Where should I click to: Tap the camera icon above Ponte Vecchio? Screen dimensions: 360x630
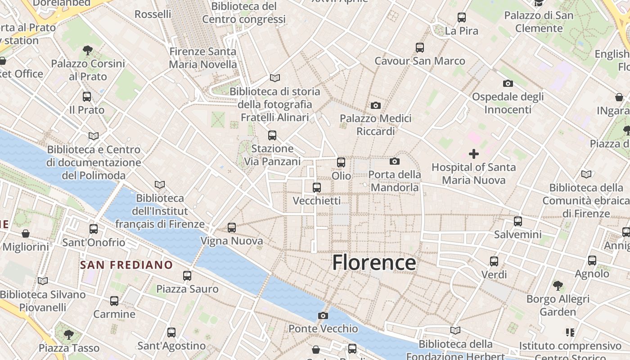coord(323,315)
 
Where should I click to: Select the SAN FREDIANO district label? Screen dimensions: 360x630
coord(126,265)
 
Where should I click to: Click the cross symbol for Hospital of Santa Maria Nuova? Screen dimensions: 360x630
coord(473,154)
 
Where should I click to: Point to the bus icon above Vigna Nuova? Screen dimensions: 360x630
coord(232,228)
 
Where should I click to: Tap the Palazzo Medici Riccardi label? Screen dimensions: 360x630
coord(375,125)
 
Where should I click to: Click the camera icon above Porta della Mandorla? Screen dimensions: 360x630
coord(395,161)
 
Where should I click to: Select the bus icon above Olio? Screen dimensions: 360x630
coord(341,162)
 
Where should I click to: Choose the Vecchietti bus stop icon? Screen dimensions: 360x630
coord(317,188)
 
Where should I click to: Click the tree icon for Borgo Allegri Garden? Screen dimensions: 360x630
coord(558,285)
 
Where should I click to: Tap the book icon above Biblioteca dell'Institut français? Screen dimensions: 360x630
coord(159,184)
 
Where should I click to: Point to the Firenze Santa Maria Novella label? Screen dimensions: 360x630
coord(202,58)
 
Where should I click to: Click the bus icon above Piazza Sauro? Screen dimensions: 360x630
coord(187,275)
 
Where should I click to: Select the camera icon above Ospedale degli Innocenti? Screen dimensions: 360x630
coord(508,83)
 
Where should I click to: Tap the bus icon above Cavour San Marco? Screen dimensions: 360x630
coord(420,47)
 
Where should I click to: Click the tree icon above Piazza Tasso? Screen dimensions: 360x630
coord(68,334)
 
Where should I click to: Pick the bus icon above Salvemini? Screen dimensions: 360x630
coord(518,221)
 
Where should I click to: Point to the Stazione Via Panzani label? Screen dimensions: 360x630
coord(272,155)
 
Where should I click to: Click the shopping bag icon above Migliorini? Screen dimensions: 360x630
coord(26,234)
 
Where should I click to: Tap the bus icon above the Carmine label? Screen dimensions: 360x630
coord(114,301)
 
